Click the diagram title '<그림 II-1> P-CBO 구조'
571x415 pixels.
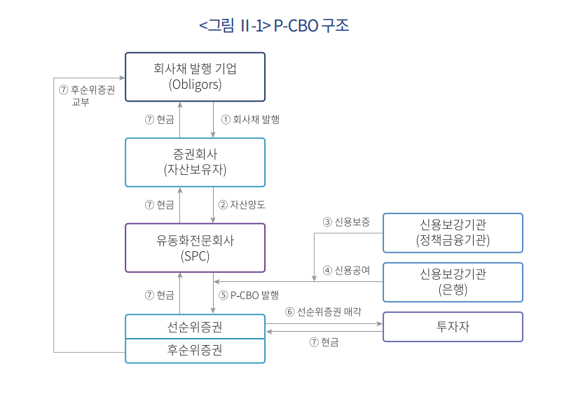point(274,25)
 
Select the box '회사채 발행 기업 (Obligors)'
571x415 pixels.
point(195,77)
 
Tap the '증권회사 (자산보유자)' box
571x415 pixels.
point(195,162)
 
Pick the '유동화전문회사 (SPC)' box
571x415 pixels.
point(195,248)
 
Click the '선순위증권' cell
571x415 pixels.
point(195,327)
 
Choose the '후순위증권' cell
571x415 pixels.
point(195,351)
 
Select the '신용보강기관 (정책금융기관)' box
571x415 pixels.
point(453,233)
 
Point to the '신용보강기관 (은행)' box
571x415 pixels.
point(453,282)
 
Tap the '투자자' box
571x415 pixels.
point(453,327)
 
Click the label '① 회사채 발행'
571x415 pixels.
point(250,119)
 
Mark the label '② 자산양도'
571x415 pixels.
point(242,205)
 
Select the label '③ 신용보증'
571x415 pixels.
point(346,222)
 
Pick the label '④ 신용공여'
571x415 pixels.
point(346,270)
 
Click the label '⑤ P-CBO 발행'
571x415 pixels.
point(249,295)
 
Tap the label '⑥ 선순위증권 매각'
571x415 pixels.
point(324,311)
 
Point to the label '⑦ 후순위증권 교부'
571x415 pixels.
point(87,95)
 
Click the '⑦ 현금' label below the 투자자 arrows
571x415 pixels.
point(324,342)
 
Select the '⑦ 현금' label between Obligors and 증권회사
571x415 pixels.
point(160,119)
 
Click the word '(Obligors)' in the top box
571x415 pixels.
point(195,85)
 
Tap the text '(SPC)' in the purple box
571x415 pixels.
point(195,256)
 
